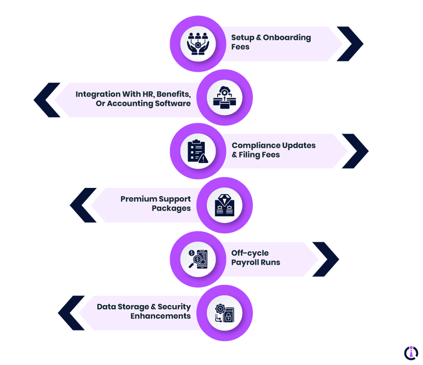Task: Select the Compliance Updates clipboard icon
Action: point(198,151)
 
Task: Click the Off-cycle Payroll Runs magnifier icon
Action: point(198,259)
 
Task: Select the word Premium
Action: point(137,199)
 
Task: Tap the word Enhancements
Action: point(160,316)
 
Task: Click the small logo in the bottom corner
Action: point(411,352)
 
